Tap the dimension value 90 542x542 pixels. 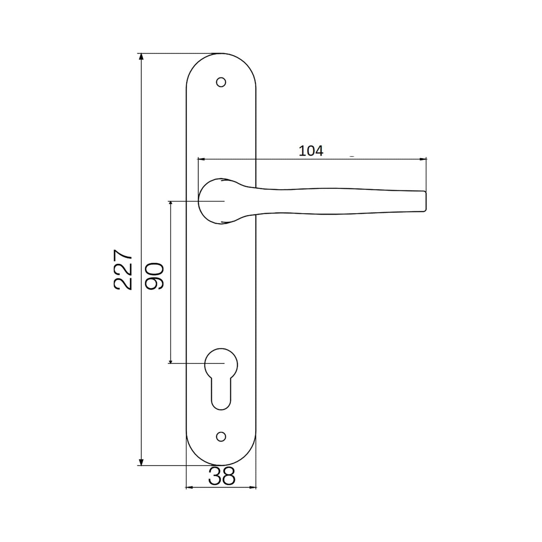(155, 276)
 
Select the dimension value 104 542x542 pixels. (311, 151)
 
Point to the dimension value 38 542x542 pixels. (221, 476)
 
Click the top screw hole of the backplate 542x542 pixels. (221, 82)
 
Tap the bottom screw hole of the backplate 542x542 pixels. (221, 436)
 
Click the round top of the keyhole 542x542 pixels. (221, 363)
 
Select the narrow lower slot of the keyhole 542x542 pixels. (221, 394)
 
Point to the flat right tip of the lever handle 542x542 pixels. (425, 201)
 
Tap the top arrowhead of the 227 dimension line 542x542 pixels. (141, 57)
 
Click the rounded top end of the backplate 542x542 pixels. (221, 60)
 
